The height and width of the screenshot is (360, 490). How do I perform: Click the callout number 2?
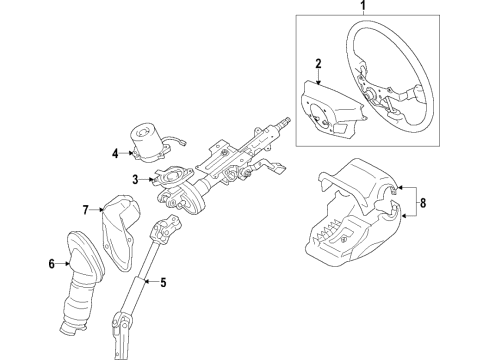(317, 65)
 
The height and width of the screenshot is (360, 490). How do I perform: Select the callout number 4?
(116, 153)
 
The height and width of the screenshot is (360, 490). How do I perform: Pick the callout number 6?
(50, 264)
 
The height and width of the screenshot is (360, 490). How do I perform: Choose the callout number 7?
(87, 210)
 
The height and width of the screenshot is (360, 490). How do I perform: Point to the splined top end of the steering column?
(288, 122)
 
